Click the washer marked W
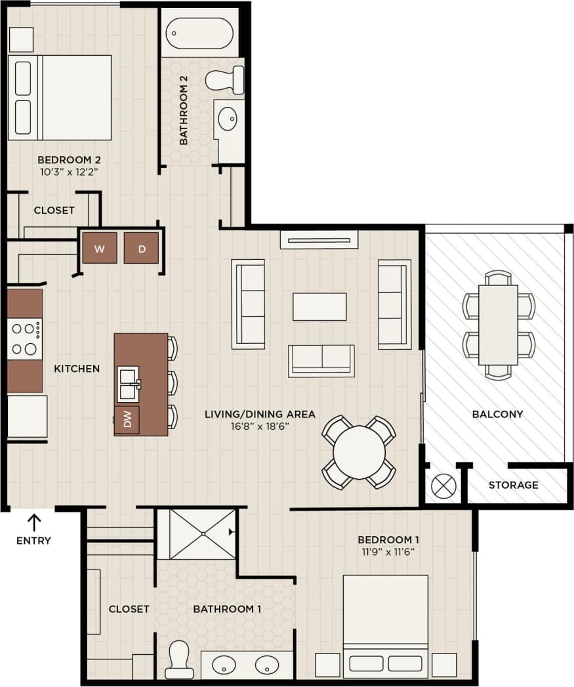coord(100,248)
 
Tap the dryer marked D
coord(141,248)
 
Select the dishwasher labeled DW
coord(127,420)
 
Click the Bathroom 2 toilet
coord(224,80)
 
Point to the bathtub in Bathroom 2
coord(199,33)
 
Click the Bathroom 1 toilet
coord(178,659)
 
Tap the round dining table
coord(359,453)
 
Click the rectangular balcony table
coord(498,325)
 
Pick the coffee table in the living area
coord(319,306)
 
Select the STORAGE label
coord(514,485)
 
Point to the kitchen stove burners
coord(24,339)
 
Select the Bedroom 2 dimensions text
coord(68,173)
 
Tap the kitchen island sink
coord(129,384)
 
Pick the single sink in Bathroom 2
coord(229,119)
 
